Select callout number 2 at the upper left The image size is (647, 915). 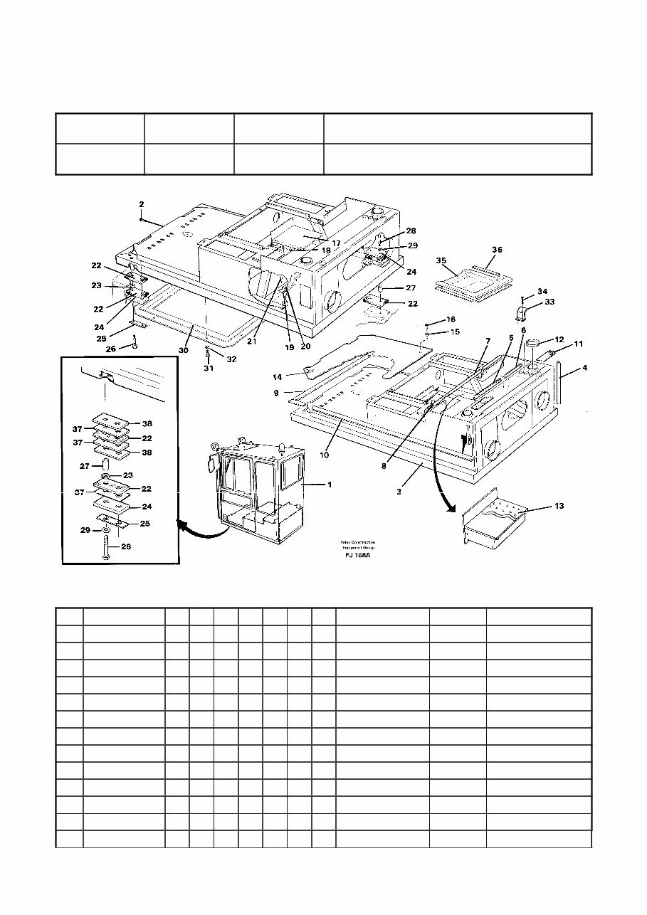tap(141, 204)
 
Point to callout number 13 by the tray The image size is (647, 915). tap(559, 507)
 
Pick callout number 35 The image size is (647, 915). tap(441, 261)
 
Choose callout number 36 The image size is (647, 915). tap(497, 249)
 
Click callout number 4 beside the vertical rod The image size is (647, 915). tap(584, 368)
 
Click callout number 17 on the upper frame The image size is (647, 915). tap(335, 243)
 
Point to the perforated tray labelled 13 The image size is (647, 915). tap(493, 519)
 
